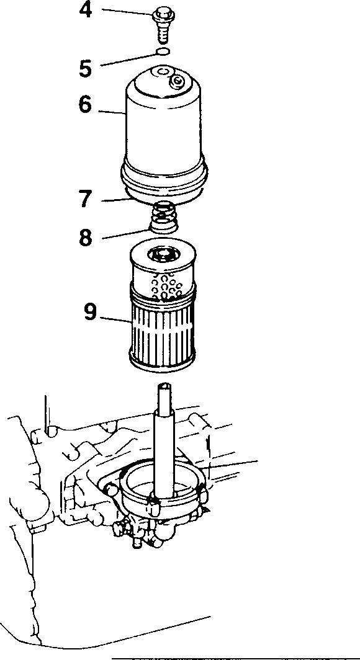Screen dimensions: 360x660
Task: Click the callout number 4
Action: coord(86,10)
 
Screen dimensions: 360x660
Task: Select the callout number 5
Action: coord(86,68)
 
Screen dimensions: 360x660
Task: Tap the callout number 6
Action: coord(85,104)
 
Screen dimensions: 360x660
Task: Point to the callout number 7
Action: coord(86,199)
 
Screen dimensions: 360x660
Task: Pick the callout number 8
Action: coord(86,237)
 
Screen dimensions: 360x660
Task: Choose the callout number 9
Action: coord(90,312)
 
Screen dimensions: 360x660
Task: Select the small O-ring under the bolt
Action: coord(164,51)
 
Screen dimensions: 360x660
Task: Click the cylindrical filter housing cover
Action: coord(164,135)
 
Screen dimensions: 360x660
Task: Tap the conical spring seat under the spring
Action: coord(164,226)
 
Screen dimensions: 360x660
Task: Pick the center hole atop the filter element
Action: coord(163,254)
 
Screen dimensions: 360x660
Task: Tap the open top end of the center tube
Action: coord(164,386)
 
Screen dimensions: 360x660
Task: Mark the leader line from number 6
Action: coord(112,112)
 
